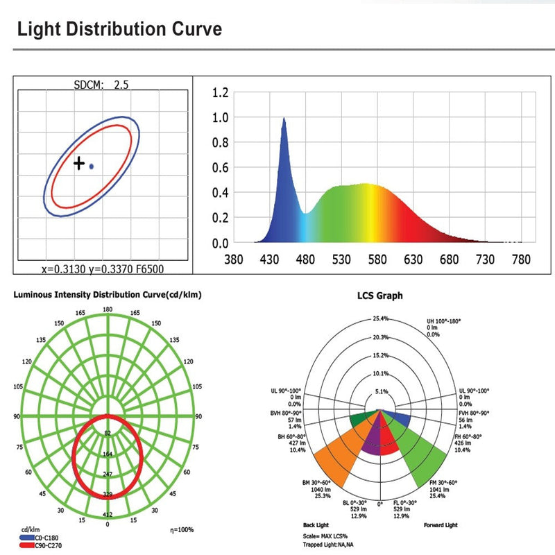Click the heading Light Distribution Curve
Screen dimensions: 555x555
(x=119, y=30)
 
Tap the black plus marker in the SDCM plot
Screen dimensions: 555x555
(x=79, y=164)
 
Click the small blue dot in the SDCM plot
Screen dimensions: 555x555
(x=92, y=166)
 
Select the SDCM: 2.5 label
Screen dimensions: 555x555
(x=101, y=85)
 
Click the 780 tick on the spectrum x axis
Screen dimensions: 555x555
(x=521, y=260)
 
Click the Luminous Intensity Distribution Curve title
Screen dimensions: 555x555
(x=108, y=295)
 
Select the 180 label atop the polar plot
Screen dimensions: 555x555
(x=108, y=309)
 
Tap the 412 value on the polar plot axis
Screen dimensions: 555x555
(x=108, y=515)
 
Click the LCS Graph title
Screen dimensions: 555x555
(x=379, y=296)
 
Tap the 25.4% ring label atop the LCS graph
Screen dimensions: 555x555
(x=380, y=318)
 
